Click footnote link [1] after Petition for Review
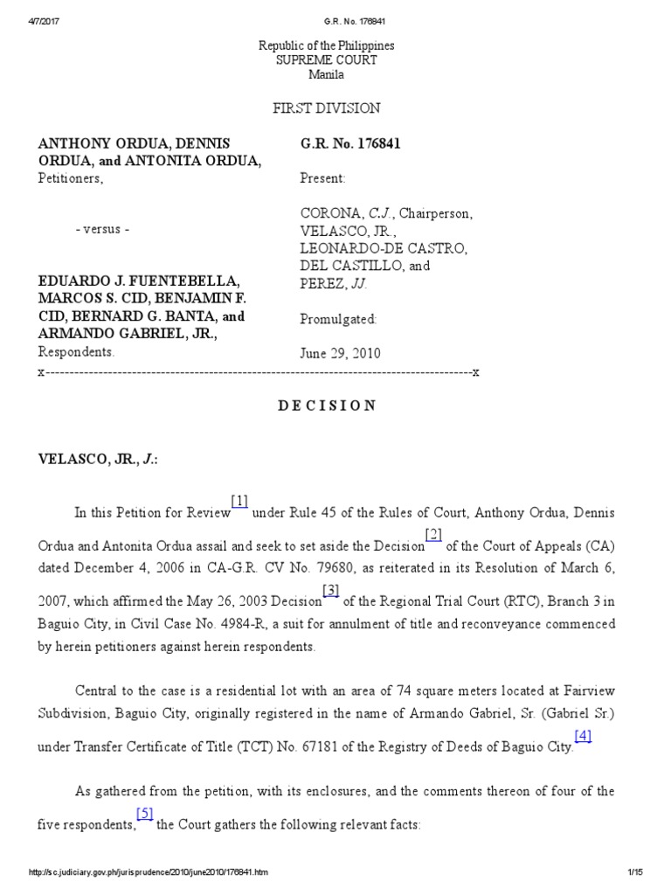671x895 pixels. pos(240,501)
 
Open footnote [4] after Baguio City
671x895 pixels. pos(583,735)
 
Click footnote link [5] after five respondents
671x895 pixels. pos(145,814)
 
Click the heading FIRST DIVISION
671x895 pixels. pos(327,108)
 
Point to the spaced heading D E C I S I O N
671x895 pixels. pos(327,406)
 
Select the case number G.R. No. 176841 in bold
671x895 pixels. pos(349,144)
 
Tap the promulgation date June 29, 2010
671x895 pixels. pos(340,353)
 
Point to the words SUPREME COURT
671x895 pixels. pos(327,60)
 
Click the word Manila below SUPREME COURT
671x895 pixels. pos(327,75)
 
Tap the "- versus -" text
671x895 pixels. pos(102,229)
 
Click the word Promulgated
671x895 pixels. pos(338,320)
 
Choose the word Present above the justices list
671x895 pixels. pos(322,178)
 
